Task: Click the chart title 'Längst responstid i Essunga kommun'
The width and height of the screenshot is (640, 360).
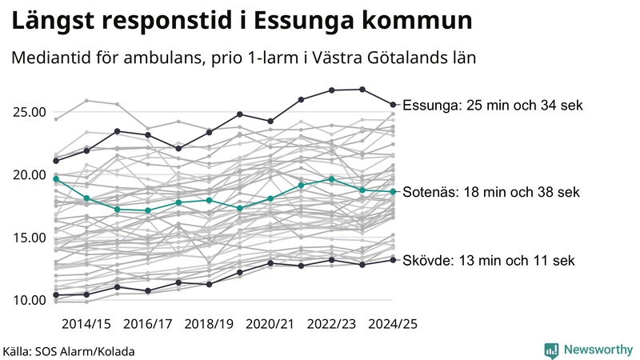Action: [x=240, y=22]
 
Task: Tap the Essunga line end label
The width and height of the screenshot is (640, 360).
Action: [x=494, y=105]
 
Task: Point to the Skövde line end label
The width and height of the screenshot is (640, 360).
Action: [x=488, y=261]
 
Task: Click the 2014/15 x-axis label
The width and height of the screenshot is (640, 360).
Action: [x=86, y=324]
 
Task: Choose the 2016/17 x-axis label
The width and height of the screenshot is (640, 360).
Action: [x=147, y=324]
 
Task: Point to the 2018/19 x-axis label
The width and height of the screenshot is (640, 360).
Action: [x=209, y=324]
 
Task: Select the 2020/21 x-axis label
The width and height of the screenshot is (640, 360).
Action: [x=270, y=324]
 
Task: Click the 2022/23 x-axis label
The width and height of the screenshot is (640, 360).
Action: [x=331, y=324]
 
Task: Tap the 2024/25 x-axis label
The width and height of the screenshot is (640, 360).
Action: [x=392, y=324]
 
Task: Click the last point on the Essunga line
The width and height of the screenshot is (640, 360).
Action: [x=393, y=104]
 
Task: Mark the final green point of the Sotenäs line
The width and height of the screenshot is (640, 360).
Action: [x=393, y=191]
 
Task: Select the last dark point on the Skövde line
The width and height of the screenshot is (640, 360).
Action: [x=393, y=259]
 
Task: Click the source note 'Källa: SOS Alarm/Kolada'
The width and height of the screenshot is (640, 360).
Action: [x=69, y=351]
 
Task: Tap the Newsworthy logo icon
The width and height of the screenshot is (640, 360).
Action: [x=551, y=350]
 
